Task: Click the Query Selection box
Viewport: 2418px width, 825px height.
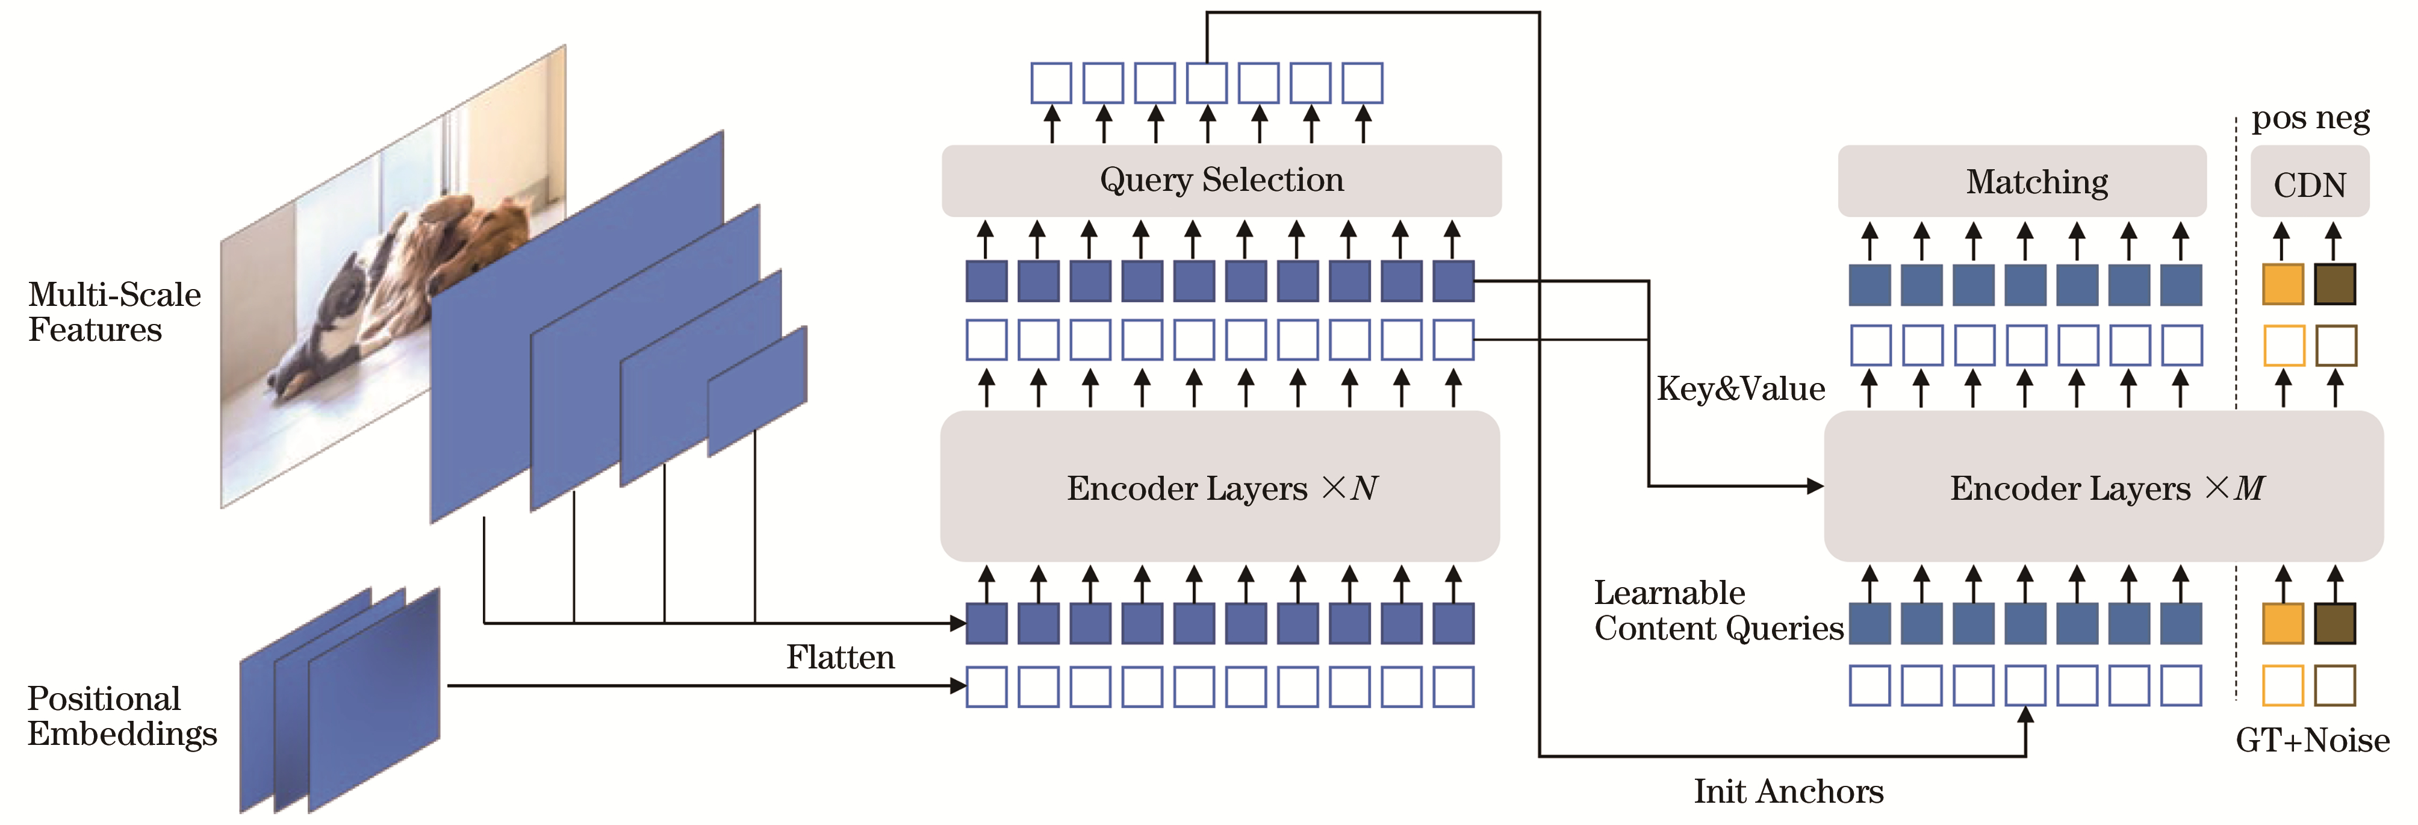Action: [x=1220, y=180]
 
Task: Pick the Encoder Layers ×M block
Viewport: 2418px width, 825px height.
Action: [x=2103, y=486]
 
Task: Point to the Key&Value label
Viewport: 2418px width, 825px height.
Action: [x=1740, y=388]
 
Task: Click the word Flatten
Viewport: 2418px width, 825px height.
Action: [x=840, y=657]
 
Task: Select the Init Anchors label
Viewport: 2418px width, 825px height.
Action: [x=1788, y=791]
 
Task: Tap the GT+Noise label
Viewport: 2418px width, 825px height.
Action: [x=2312, y=741]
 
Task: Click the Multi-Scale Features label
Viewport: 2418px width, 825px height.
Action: [x=114, y=311]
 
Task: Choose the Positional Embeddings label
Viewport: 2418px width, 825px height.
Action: [x=121, y=715]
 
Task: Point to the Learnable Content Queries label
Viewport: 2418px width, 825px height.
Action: [x=1718, y=610]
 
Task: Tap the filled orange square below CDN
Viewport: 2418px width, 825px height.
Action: [x=2283, y=284]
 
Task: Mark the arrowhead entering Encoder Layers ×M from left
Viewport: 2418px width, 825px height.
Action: [x=1815, y=486]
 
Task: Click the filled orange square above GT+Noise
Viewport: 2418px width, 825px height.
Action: [x=2283, y=624]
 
